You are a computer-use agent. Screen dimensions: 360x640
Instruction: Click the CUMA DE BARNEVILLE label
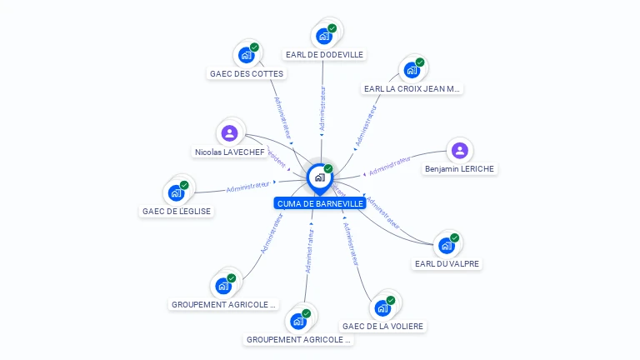coord(319,203)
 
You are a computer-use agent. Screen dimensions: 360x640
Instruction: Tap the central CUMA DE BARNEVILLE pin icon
coord(319,177)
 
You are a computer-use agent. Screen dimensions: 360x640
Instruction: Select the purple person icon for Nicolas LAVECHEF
coord(229,132)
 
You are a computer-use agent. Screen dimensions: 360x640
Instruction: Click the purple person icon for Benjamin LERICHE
coord(459,151)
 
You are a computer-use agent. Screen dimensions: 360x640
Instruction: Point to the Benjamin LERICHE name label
coord(459,169)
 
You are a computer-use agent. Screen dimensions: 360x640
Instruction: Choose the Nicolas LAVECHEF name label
coord(229,152)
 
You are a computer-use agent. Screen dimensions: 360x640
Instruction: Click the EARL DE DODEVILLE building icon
coord(324,36)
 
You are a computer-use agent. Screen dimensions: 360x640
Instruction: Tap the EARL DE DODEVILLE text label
coord(324,55)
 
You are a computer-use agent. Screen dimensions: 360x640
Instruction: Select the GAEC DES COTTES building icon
coord(246,55)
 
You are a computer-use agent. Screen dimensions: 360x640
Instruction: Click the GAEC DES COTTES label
coord(246,73)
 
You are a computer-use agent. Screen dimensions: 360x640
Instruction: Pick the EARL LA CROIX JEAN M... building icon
coord(412,70)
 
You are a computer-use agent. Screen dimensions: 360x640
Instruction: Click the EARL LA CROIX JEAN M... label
coord(412,88)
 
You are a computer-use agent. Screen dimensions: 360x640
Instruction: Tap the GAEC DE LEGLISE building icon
coord(176,192)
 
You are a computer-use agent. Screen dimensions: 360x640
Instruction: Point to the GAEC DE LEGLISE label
coord(176,212)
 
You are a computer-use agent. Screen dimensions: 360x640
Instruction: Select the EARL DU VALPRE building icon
coord(447,245)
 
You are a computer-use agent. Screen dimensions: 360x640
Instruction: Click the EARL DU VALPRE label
coord(447,264)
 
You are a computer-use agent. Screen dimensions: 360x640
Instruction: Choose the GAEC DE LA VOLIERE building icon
coord(382,307)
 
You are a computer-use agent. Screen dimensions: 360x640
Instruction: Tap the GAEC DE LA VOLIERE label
coord(382,326)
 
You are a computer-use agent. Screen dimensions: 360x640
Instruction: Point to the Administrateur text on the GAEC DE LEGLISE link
coord(248,186)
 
